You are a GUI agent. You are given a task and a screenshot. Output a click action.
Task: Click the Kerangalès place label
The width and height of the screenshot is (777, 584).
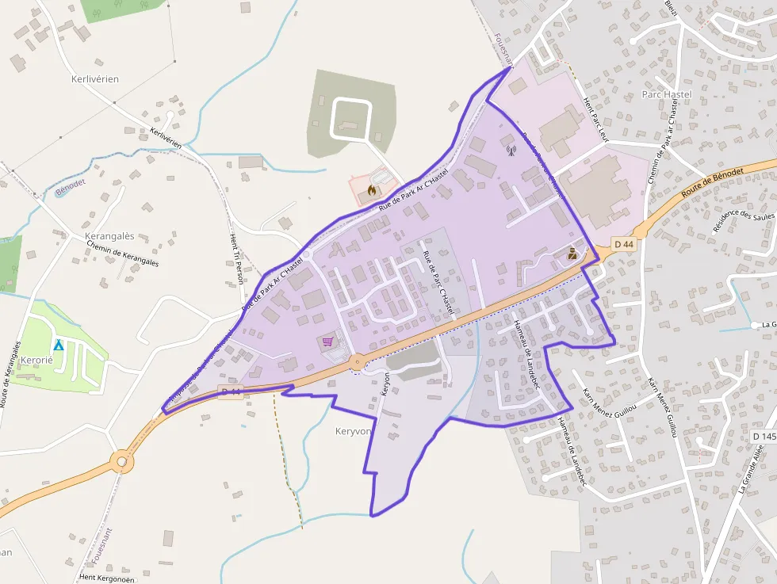[x=109, y=236]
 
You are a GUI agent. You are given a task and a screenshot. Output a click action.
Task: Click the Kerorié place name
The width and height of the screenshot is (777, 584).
[x=36, y=359]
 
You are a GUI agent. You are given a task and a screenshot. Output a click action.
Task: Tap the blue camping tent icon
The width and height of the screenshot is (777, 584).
[x=58, y=345]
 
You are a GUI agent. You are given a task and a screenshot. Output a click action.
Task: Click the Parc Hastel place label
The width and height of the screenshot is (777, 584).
[x=666, y=94]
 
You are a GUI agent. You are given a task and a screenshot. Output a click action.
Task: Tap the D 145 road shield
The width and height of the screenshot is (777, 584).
[x=764, y=437]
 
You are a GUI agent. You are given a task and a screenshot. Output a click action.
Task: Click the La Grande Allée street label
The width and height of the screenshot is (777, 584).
[x=750, y=470]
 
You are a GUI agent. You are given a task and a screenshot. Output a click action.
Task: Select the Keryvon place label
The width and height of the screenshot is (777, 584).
[x=353, y=431]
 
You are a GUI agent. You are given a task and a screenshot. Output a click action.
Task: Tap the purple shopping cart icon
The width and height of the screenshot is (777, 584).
[x=327, y=342]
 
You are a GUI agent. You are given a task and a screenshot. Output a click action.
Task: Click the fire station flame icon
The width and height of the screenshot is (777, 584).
[x=373, y=190]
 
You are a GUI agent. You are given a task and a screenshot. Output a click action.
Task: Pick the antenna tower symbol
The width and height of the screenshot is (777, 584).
[x=511, y=149]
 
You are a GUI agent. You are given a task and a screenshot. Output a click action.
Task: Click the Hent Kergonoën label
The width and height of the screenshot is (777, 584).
[x=106, y=578]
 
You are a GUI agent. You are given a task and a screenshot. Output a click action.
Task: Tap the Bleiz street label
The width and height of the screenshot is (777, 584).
[x=672, y=10]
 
